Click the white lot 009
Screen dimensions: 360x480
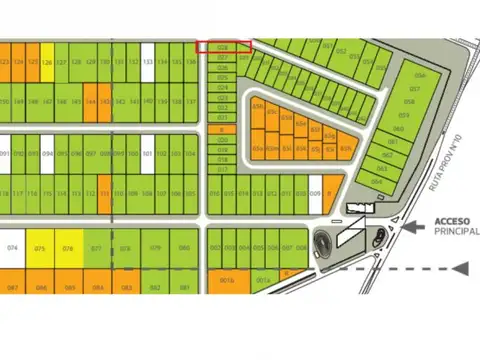click(315, 193)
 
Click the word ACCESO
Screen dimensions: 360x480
click(452, 222)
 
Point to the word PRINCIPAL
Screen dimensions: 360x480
click(456, 233)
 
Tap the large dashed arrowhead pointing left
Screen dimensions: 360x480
click(459, 268)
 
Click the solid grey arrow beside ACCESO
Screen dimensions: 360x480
click(413, 226)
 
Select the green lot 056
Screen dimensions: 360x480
click(420, 76)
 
